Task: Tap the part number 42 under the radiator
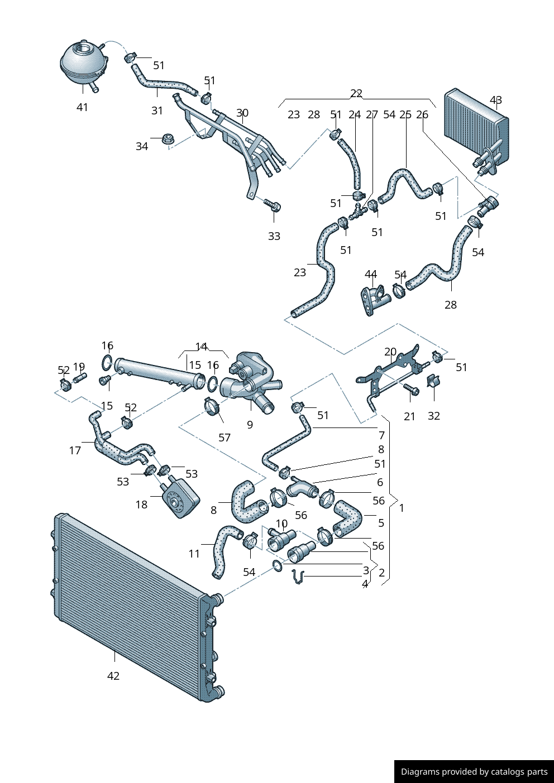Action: [113, 676]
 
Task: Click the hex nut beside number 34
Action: [166, 138]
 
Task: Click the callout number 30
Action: [242, 113]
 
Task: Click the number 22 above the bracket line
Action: [356, 93]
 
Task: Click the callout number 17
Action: [75, 450]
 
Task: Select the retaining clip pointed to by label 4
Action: [299, 578]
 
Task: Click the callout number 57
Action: [225, 438]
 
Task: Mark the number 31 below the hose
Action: [157, 111]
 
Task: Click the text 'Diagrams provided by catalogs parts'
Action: [474, 772]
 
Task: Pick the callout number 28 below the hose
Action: [451, 305]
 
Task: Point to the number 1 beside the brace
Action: [402, 508]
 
